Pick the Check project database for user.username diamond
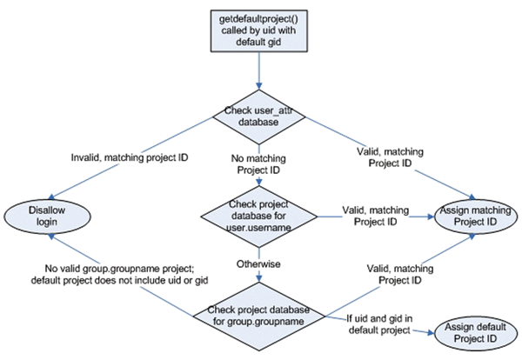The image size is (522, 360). click(x=258, y=216)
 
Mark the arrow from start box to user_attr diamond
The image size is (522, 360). click(x=258, y=77)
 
